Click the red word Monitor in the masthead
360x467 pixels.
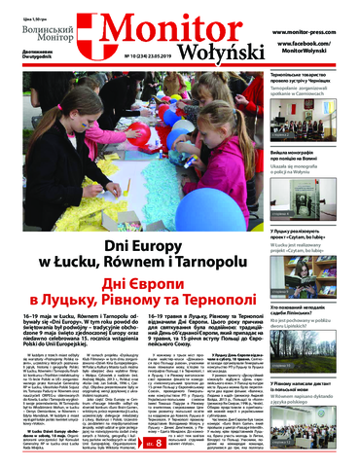(173, 23)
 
